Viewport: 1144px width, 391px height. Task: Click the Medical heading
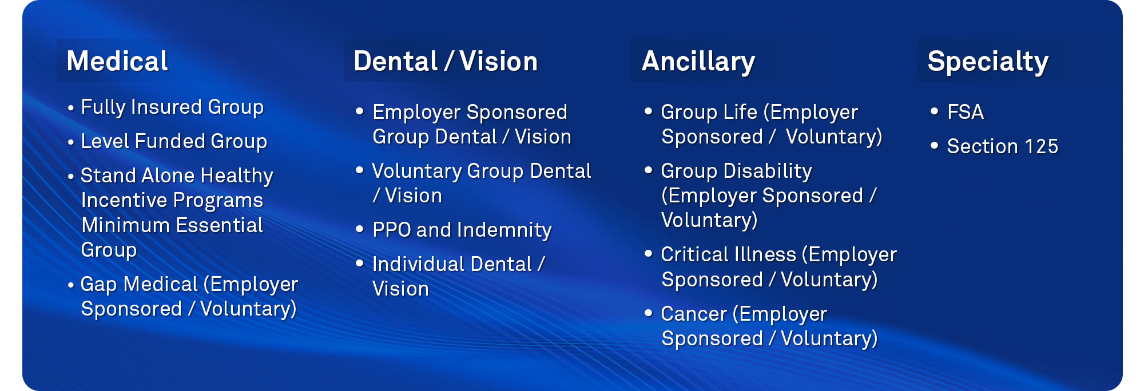(117, 61)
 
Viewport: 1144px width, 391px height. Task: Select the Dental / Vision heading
(446, 61)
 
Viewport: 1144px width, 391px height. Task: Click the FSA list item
(966, 112)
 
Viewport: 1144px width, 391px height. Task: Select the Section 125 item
(1003, 146)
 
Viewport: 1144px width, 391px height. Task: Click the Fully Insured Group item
(172, 107)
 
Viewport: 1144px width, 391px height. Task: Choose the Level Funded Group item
(174, 142)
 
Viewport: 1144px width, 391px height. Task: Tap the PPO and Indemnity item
(462, 230)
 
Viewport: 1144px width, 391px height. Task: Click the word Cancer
(694, 314)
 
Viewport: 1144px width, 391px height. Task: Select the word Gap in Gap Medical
(99, 285)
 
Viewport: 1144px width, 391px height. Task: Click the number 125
(1041, 146)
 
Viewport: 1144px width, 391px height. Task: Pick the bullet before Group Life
(648, 111)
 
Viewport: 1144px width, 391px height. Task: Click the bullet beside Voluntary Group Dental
(360, 170)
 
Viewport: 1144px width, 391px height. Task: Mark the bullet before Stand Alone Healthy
(71, 177)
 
